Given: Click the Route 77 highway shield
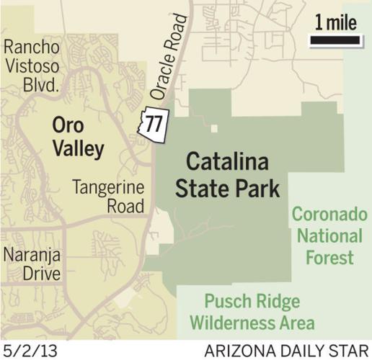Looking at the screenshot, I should coord(153,123).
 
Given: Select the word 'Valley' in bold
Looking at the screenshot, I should coord(78,149).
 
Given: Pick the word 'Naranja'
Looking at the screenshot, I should coord(32,254).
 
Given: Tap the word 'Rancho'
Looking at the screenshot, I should coord(30,48).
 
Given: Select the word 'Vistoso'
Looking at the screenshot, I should coord(31,67).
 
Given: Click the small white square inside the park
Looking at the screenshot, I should coord(214,129).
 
